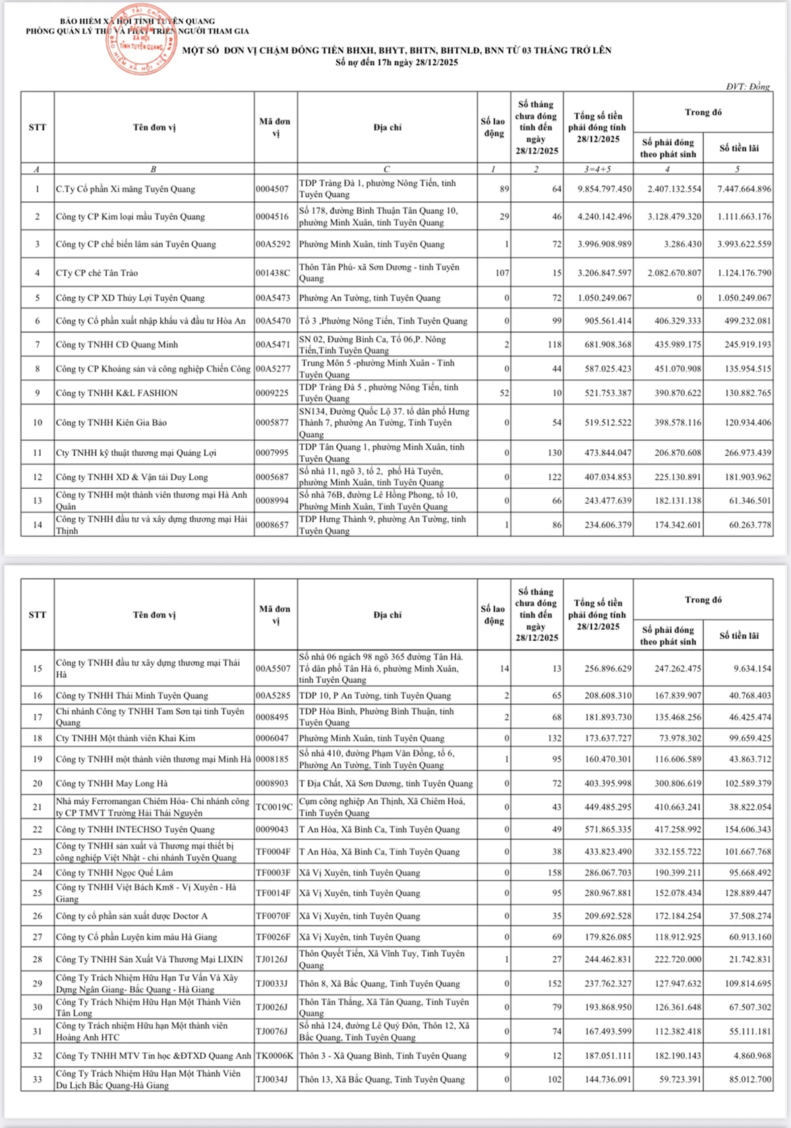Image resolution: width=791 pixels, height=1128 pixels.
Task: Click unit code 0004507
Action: click(x=272, y=189)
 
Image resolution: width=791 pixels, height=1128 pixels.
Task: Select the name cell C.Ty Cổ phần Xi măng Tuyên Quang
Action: click(x=126, y=189)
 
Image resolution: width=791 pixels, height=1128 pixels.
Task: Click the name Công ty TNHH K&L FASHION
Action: click(x=117, y=393)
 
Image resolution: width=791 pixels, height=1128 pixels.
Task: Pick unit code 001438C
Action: click(x=273, y=272)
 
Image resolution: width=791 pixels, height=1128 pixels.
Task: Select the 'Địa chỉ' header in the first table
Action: click(x=387, y=127)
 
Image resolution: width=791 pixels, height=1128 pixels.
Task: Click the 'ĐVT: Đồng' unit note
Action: click(x=747, y=86)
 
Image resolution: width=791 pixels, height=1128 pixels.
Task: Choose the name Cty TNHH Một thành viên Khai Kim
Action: click(x=125, y=738)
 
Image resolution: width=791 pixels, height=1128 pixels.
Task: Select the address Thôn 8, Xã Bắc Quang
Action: click(x=379, y=984)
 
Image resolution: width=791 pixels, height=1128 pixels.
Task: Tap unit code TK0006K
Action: click(x=274, y=1055)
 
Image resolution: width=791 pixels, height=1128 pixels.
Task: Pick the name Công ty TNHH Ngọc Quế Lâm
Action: click(x=114, y=873)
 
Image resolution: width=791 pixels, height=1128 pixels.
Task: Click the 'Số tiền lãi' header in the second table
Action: click(x=738, y=636)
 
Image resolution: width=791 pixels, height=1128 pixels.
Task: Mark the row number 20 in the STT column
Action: click(x=38, y=784)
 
